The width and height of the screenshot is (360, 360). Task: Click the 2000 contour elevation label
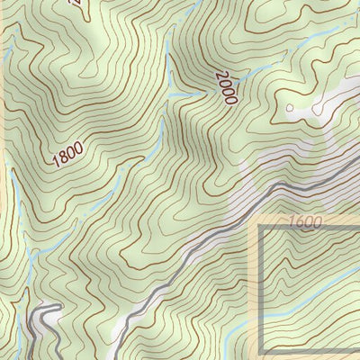[224, 87]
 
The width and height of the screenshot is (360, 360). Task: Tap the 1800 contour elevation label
[70, 156]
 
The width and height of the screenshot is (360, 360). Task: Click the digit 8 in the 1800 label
[64, 159]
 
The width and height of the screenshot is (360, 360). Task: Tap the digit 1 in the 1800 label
[57, 164]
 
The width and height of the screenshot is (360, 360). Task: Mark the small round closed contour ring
[289, 109]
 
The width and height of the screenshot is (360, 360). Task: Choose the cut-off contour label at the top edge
[77, 7]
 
